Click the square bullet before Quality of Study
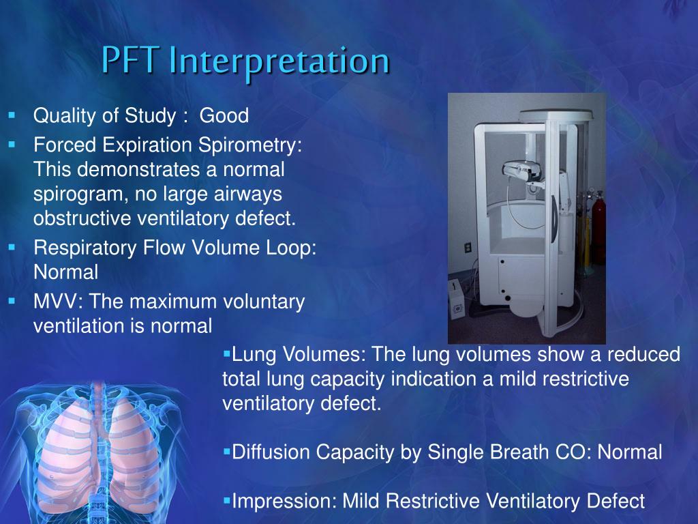12,115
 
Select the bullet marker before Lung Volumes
227,354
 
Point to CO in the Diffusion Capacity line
575,452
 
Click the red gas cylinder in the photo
598,212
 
